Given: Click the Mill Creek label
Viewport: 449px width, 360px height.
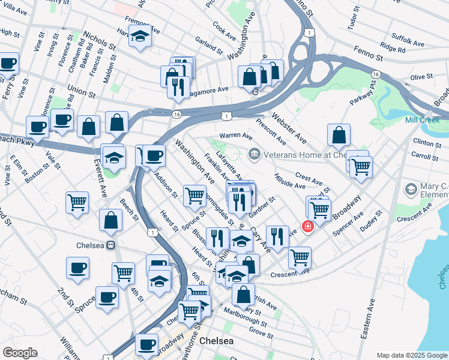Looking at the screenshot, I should tap(423, 120).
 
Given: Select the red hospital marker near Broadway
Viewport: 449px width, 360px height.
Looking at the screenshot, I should tap(307, 227).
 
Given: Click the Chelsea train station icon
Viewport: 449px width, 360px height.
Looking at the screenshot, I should tap(110, 245).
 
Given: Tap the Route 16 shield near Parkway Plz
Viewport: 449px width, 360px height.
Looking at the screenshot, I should tap(375, 73).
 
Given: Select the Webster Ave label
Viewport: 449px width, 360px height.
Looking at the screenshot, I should tap(289, 127).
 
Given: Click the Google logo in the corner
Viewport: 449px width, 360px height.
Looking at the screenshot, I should tap(20, 353).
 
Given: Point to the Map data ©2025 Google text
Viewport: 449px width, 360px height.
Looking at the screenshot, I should tap(411, 355).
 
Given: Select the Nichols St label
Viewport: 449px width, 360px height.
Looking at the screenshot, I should tap(99, 40).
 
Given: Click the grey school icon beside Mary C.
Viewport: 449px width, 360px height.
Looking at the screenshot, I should tap(411, 190).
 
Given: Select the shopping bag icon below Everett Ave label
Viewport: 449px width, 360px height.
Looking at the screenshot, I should tap(112, 220).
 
